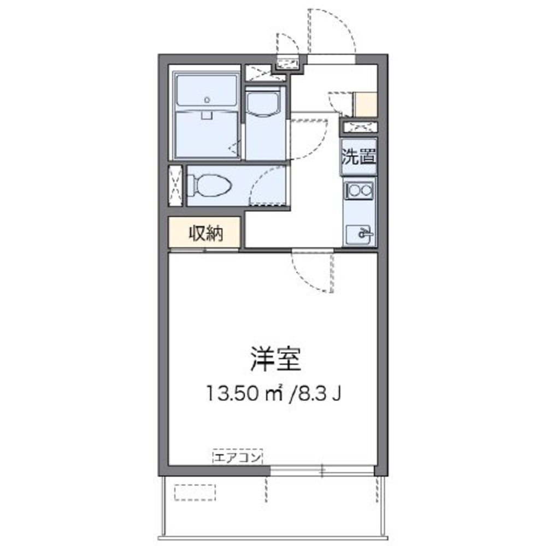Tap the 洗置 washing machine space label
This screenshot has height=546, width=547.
click(359, 157)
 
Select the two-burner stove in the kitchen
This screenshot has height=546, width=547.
click(359, 191)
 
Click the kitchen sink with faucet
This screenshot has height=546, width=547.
click(360, 234)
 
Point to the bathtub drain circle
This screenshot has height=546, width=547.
click(207, 100)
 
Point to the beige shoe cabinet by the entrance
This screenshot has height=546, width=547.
click(366, 104)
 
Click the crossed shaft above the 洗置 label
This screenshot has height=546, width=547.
click(359, 128)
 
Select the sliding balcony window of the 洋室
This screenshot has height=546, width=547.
click(322, 471)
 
